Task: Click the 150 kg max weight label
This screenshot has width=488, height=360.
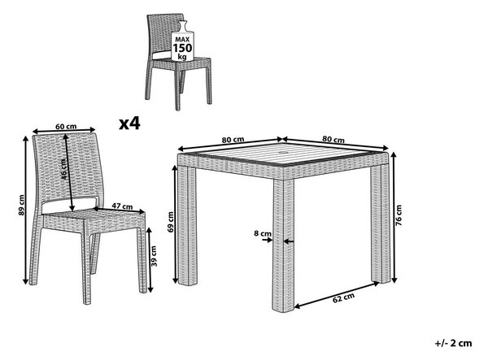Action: (183, 48)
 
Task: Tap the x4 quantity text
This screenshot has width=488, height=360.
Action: (130, 124)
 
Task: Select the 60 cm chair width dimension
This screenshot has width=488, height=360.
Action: (66, 127)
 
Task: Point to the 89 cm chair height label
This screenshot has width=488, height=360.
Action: (21, 205)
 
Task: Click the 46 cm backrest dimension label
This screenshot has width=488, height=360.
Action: (63, 169)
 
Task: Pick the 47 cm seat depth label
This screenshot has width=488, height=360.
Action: (122, 206)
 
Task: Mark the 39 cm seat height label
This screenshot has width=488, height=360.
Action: (154, 256)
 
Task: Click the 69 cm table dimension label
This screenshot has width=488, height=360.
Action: (170, 222)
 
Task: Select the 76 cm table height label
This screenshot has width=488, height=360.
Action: (399, 215)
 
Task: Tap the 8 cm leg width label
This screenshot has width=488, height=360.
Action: (263, 233)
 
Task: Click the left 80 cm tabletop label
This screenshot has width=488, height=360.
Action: (233, 140)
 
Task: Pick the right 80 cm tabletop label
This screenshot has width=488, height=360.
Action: (333, 139)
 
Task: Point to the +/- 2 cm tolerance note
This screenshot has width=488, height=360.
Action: (454, 343)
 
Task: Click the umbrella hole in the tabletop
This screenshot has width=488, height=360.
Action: (285, 152)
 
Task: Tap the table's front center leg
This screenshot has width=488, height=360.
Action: (283, 245)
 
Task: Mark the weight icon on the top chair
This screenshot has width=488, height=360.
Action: (183, 41)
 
